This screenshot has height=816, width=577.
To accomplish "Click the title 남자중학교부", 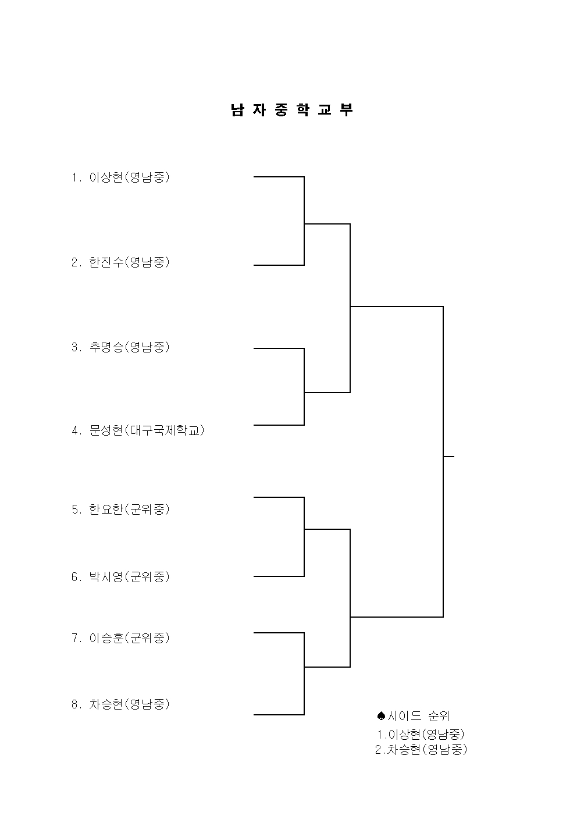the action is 292,110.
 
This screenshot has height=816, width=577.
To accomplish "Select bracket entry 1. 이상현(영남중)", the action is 120,177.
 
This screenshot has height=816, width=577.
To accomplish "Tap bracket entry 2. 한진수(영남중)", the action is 120,262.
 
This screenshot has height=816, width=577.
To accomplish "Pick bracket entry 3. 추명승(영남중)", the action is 120,347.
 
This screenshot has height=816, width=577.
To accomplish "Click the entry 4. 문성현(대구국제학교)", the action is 138,430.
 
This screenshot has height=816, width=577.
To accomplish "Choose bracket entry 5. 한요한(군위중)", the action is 120,509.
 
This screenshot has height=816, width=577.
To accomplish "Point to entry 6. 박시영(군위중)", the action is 120,576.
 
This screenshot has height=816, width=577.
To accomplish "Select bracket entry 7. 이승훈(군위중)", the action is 120,638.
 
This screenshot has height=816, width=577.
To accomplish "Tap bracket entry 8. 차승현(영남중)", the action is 120,704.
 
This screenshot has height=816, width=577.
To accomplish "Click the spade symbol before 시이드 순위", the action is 381,716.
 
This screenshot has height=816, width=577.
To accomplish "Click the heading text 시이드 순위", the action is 419,716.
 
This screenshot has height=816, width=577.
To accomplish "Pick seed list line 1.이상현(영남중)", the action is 421,734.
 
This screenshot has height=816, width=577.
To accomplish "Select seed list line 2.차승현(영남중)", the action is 421,750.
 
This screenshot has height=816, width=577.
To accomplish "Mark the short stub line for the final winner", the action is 449,456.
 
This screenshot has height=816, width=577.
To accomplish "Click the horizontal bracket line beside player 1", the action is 279,177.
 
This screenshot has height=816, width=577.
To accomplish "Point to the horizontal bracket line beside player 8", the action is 279,715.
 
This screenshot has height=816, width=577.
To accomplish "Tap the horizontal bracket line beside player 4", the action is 279,425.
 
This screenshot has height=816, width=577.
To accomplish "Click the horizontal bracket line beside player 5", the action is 279,497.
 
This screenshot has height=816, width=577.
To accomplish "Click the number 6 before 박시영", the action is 74,577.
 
